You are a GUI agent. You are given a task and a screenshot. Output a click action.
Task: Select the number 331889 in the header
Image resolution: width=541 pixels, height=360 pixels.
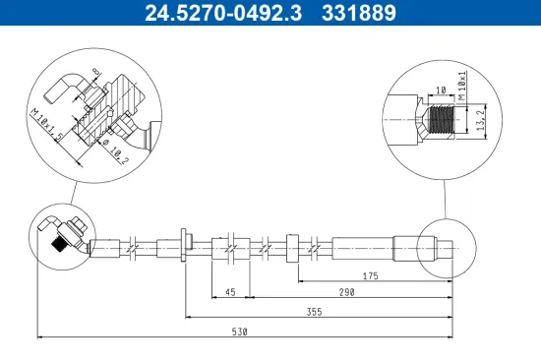362,14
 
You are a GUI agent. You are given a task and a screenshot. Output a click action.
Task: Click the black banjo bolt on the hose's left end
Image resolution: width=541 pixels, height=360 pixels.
59,246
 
